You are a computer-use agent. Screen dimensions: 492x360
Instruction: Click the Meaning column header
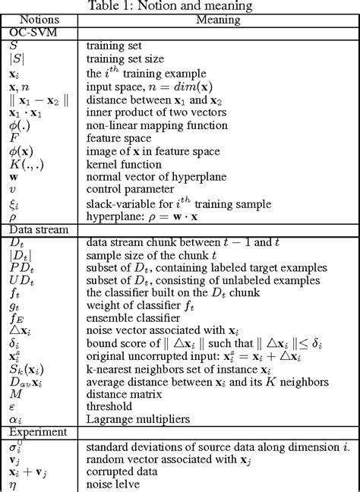pyautogui.click(x=219, y=20)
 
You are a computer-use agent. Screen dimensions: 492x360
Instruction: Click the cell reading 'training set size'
pyautogui.click(x=121, y=58)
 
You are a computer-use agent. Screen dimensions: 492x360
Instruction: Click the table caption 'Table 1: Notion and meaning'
pyautogui.click(x=180, y=6)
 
